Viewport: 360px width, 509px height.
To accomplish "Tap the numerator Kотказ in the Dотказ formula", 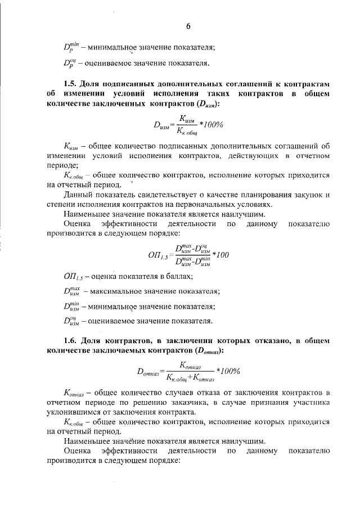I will tap(191, 366).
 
